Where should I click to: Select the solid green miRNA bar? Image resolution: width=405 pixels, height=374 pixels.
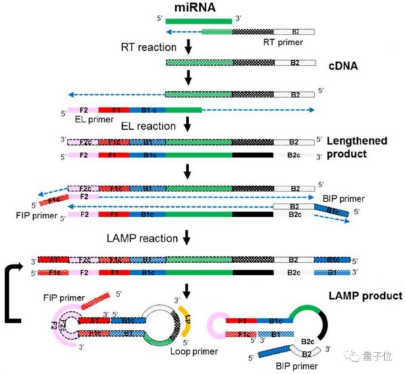point(199,20)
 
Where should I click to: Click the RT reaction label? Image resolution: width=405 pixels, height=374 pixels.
point(148,48)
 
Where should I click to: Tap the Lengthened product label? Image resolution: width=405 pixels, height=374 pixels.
point(357,146)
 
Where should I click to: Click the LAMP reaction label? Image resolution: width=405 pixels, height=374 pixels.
point(142,239)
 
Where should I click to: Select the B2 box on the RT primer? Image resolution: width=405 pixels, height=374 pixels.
point(295,31)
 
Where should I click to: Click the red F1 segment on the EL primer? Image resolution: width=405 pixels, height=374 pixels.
point(111,110)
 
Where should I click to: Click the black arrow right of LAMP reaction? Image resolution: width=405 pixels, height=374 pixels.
point(188,238)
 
